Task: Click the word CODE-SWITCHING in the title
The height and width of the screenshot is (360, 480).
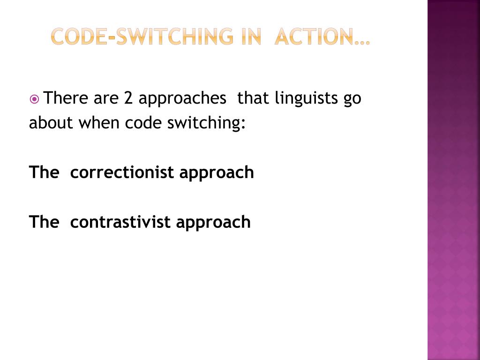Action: pyautogui.click(x=142, y=36)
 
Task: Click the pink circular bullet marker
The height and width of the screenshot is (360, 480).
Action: pyautogui.click(x=35, y=99)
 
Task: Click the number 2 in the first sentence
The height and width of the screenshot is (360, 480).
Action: pyautogui.click(x=128, y=98)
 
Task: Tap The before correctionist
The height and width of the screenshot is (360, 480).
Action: pyautogui.click(x=43, y=172)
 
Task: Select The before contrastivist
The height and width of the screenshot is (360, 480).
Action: pyautogui.click(x=43, y=222)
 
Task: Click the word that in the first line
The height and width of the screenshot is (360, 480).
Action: pyautogui.click(x=253, y=98)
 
